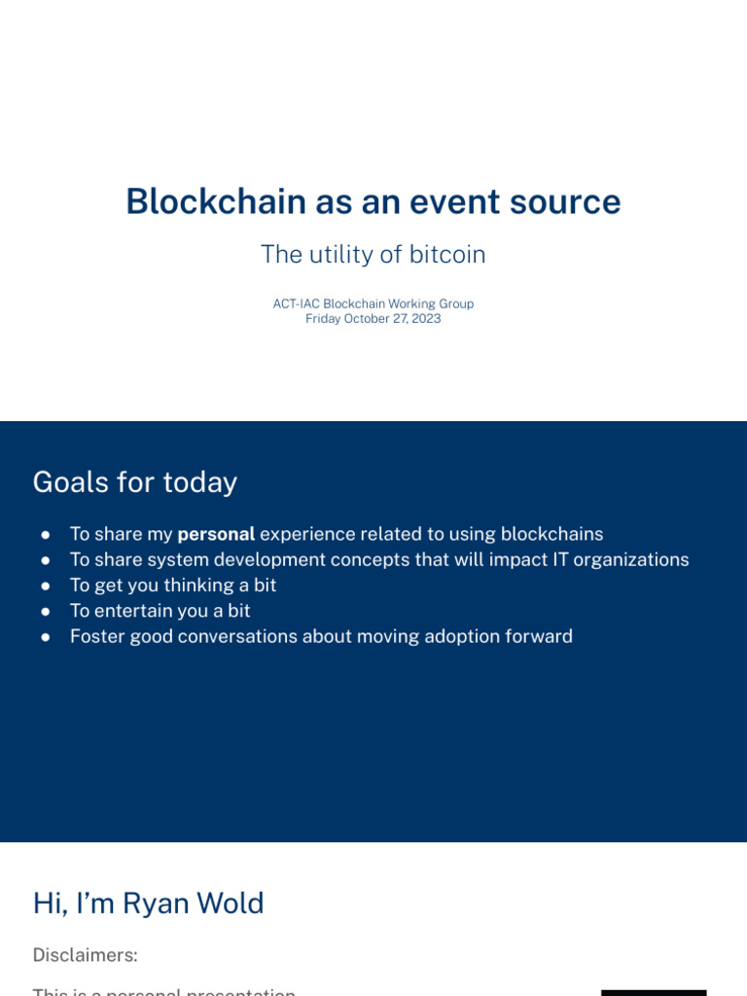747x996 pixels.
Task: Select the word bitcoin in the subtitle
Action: coord(447,255)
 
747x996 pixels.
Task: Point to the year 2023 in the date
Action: coord(425,319)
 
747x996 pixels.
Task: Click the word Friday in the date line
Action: coord(323,319)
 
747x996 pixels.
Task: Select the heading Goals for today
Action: coord(134,482)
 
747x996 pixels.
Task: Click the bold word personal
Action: coord(216,534)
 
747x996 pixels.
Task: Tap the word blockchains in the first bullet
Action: coord(551,534)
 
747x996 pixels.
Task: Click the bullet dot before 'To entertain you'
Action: coord(46,612)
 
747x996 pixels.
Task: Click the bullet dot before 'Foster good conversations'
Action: coord(46,637)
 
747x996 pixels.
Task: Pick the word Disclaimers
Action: coord(85,955)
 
